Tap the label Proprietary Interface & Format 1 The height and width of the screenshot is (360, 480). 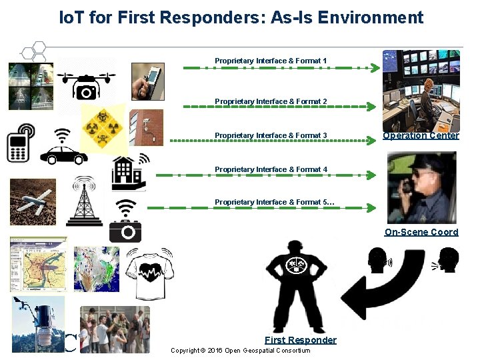coord(271,61)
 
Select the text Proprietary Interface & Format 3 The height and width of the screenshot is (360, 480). coord(271,135)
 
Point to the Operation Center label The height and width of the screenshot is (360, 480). coord(421,136)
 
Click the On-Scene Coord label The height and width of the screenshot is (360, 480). coord(421,232)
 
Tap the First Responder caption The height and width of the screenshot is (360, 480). coord(300,340)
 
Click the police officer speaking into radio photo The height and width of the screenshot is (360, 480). coord(421,187)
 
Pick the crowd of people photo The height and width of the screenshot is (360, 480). coord(115,329)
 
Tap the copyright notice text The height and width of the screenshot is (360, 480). coord(240,351)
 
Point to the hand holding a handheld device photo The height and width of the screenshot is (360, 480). coord(147,81)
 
